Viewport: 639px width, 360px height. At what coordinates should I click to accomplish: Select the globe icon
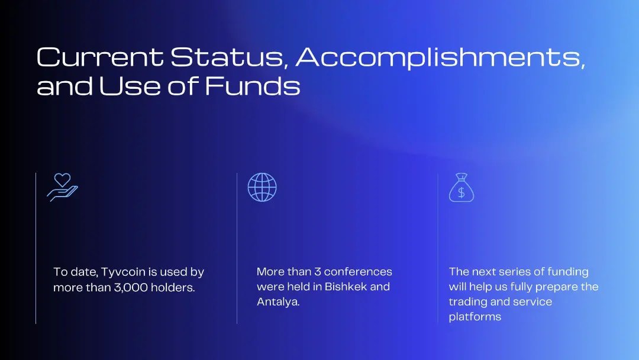[x=262, y=187]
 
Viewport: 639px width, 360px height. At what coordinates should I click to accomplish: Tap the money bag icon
[x=461, y=188]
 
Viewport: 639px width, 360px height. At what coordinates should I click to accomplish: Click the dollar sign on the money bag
[x=461, y=192]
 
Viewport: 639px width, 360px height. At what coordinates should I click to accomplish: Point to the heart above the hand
[x=62, y=180]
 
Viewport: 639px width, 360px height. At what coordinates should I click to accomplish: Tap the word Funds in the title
[x=253, y=86]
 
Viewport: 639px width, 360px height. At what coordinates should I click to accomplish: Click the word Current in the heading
[x=100, y=57]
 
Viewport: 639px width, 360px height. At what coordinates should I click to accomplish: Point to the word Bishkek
[x=346, y=287]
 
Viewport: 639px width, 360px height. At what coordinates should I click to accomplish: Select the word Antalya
[x=278, y=302]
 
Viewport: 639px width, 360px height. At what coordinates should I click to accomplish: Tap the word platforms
[x=475, y=317]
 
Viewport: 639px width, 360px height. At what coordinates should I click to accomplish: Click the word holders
[x=173, y=287]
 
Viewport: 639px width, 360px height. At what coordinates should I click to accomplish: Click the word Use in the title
[x=130, y=86]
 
